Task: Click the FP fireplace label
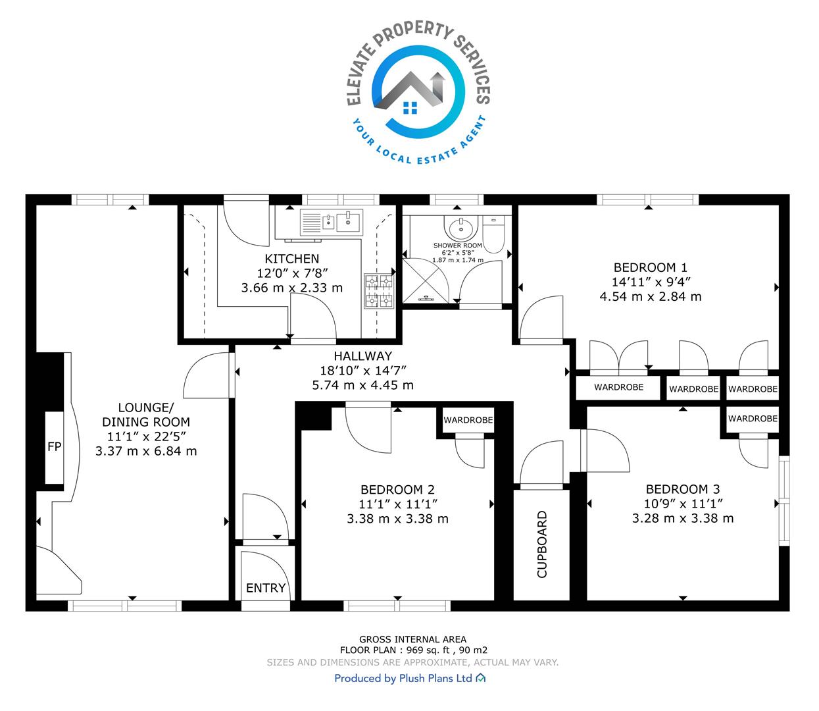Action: click(x=54, y=446)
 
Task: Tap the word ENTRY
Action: click(x=266, y=588)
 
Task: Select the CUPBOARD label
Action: click(x=541, y=544)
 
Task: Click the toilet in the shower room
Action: click(x=493, y=234)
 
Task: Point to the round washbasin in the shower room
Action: click(x=461, y=228)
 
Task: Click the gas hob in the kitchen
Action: click(x=379, y=291)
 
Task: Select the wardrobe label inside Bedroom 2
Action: click(x=468, y=420)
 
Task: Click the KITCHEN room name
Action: click(x=292, y=259)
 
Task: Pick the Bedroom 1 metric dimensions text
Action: click(x=651, y=296)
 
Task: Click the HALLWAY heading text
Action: click(x=362, y=355)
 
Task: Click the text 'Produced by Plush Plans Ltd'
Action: click(x=403, y=678)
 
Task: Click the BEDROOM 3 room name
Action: click(x=683, y=489)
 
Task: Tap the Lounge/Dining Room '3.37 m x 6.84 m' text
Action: click(x=146, y=451)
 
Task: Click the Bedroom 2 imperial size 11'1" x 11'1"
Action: click(x=398, y=504)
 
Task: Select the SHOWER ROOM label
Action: click(x=458, y=245)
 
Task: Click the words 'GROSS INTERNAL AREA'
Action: click(x=412, y=640)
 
